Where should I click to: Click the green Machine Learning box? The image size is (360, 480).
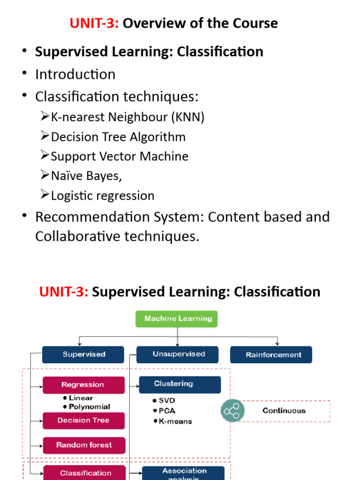(x=177, y=319)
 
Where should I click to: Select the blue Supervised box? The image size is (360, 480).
(x=83, y=354)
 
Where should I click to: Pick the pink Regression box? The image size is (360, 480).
(x=83, y=385)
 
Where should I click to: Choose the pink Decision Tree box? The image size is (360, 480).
(x=83, y=420)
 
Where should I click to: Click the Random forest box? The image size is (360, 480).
(x=84, y=445)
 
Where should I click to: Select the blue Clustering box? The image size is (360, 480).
(x=180, y=384)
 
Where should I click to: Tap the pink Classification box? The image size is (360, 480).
(x=85, y=472)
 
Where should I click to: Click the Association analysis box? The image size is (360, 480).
(x=183, y=473)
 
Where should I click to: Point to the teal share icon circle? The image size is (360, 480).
(x=232, y=411)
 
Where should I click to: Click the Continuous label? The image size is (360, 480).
(x=284, y=411)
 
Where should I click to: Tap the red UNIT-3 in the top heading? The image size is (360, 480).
(x=94, y=23)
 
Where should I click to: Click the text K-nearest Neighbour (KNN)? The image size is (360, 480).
(x=127, y=117)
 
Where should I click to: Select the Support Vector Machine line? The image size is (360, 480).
(x=120, y=156)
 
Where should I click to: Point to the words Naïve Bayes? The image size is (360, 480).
(x=86, y=176)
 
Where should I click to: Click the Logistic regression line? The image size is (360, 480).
(x=103, y=195)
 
